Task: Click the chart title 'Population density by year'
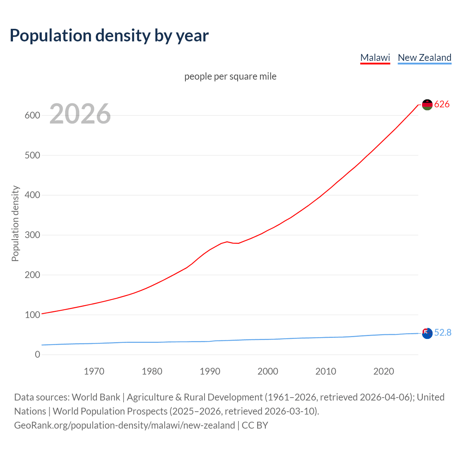pyautogui.click(x=109, y=36)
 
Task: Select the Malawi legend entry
pyautogui.click(x=375, y=58)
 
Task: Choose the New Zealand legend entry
pyautogui.click(x=424, y=58)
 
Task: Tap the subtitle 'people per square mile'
pyautogui.click(x=230, y=76)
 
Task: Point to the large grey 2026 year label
pyautogui.click(x=80, y=114)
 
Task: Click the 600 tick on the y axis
pyautogui.click(x=32, y=116)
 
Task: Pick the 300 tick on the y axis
pyautogui.click(x=32, y=235)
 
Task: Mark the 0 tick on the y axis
pyautogui.click(x=37, y=355)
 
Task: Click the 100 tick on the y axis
pyautogui.click(x=32, y=315)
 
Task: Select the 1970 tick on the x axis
pyautogui.click(x=94, y=371)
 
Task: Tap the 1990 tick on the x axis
pyautogui.click(x=210, y=371)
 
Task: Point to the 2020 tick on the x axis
pyautogui.click(x=384, y=371)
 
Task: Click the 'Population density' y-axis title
pyautogui.click(x=15, y=223)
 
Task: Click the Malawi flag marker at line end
pyautogui.click(x=427, y=104)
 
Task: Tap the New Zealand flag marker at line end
pyautogui.click(x=427, y=333)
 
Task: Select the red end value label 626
pyautogui.click(x=442, y=104)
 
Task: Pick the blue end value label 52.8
pyautogui.click(x=443, y=333)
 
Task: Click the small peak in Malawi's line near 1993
pyautogui.click(x=227, y=242)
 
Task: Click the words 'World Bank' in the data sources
pyautogui.click(x=96, y=397)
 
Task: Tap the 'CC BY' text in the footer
pyautogui.click(x=255, y=425)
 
